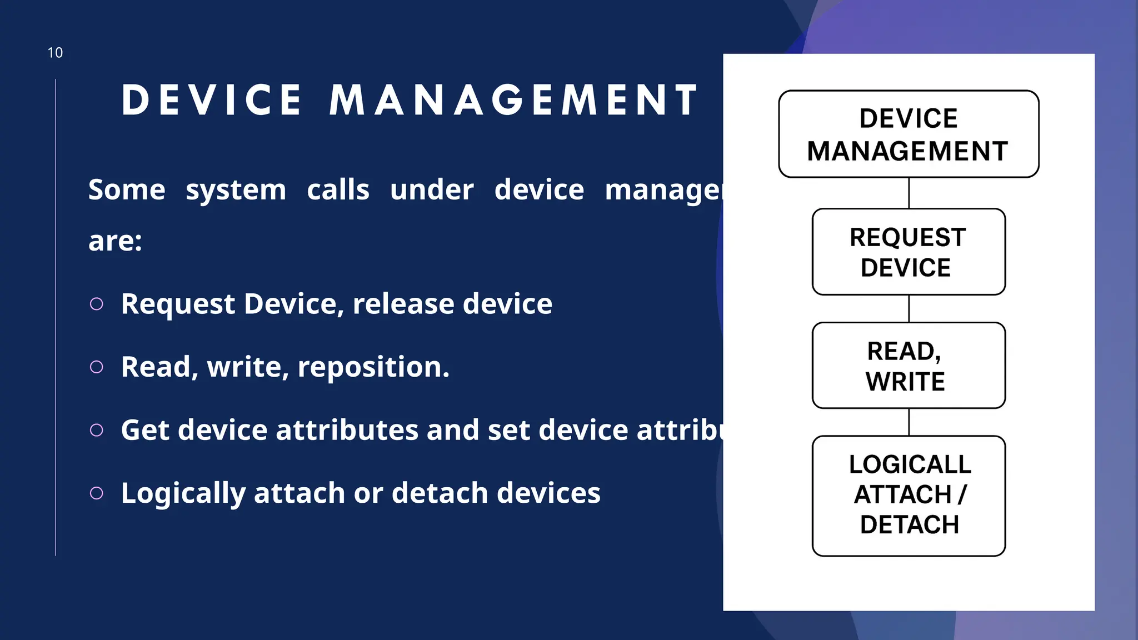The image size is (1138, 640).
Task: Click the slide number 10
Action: tap(55, 53)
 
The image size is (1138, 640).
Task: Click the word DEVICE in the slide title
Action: tap(212, 101)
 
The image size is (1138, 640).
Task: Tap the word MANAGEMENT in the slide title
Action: tap(513, 101)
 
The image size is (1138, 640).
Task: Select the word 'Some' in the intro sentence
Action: tap(127, 190)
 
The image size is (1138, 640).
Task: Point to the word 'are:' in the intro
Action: tap(115, 241)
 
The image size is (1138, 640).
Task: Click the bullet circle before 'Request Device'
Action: tap(97, 304)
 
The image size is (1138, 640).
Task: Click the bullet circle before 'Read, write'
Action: tap(97, 367)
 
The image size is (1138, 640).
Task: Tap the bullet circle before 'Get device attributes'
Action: tap(97, 430)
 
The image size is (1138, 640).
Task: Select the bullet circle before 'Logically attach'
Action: tap(97, 493)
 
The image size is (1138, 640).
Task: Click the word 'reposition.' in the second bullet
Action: tap(373, 367)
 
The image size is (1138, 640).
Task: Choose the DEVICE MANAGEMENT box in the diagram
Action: tap(909, 134)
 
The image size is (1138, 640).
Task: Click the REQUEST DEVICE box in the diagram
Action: tap(909, 252)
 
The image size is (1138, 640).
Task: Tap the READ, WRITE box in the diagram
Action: tap(909, 366)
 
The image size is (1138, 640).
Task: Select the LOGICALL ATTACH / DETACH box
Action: tap(909, 496)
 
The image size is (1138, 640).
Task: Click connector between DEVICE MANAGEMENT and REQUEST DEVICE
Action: tap(909, 193)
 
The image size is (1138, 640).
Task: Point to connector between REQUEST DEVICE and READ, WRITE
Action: tap(909, 308)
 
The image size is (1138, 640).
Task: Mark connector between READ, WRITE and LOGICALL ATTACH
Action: tap(909, 422)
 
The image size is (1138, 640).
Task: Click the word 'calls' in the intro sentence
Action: tap(338, 190)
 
